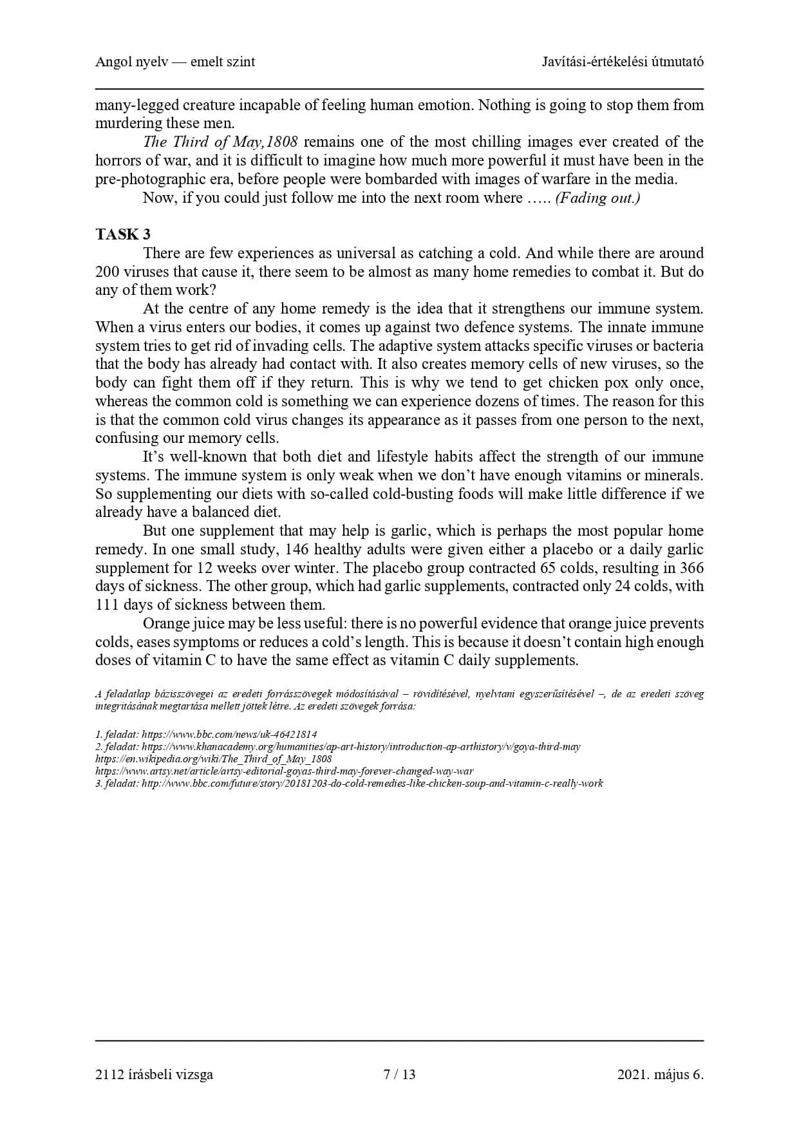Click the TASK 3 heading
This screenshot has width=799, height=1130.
pos(123,234)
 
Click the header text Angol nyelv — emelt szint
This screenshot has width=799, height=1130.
pos(175,62)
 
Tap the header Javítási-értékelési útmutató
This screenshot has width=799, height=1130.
pos(623,62)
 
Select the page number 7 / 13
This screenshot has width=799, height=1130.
pos(399,1074)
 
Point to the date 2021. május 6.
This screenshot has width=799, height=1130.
pos(660,1074)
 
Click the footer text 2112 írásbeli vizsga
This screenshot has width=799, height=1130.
pos(154,1074)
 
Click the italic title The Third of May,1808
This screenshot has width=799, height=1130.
pos(220,142)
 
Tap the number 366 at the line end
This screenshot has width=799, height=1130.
pos(691,568)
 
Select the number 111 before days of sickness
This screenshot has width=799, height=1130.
pos(107,605)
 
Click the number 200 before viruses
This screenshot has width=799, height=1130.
pos(107,272)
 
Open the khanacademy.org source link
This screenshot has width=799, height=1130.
pos(361,747)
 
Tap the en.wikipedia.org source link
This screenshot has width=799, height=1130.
pos(214,759)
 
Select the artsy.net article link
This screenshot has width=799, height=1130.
pos(284,771)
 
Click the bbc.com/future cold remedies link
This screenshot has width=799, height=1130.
pos(372,784)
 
